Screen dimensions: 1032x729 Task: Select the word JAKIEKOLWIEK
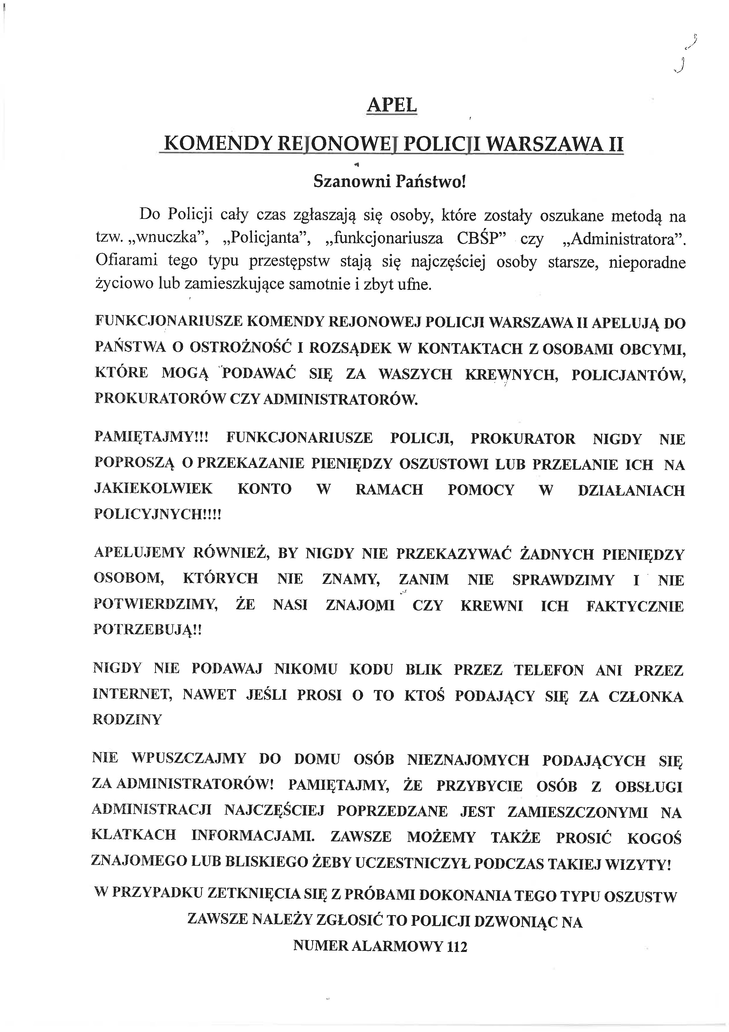coord(153,489)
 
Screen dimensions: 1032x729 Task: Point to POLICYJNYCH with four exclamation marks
coord(158,514)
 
